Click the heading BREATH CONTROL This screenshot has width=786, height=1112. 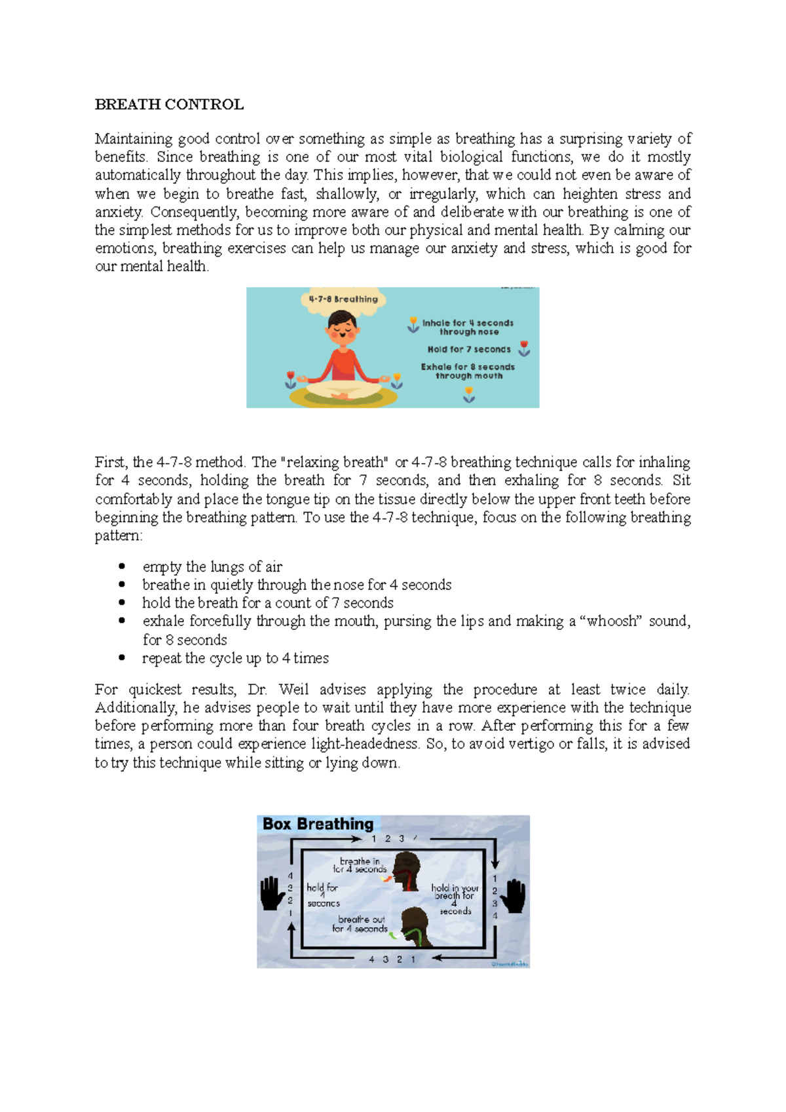pos(169,105)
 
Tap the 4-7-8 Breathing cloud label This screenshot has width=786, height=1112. pos(343,299)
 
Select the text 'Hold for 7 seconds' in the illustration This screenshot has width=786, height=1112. pos(469,350)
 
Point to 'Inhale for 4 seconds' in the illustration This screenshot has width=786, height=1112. pos(468,323)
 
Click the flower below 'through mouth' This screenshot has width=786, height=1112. pos(469,394)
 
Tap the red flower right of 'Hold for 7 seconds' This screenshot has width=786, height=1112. pos(524,348)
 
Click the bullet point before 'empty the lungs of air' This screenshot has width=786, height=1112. pos(122,566)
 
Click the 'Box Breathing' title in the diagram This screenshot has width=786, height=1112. pos(318,824)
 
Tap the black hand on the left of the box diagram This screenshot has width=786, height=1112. pos(272,893)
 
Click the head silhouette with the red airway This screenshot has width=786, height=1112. pos(407,870)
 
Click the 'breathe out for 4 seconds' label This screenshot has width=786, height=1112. pos(360,924)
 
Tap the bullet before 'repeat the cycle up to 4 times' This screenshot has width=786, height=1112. pos(122,658)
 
